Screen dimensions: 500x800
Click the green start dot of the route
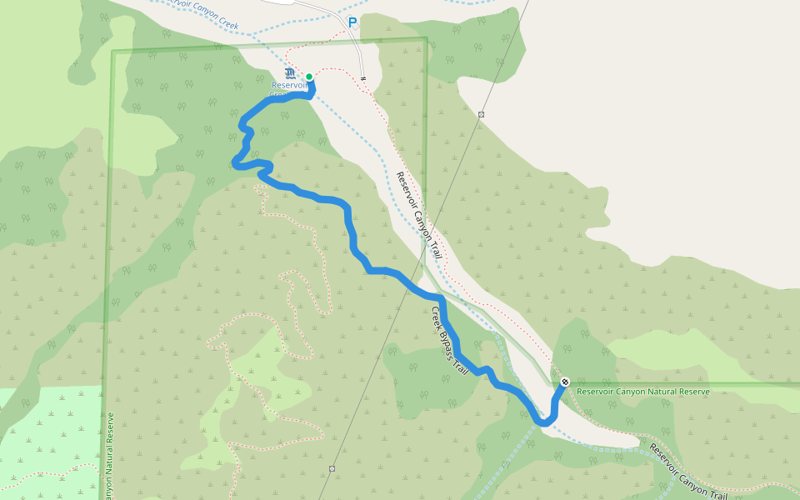309,77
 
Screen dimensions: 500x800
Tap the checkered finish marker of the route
565,382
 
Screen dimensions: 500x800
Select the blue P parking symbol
352,22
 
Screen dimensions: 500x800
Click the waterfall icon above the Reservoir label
289,73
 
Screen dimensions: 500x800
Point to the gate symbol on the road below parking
364,79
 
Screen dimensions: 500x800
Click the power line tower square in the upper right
482,114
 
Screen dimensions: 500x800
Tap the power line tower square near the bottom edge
332,468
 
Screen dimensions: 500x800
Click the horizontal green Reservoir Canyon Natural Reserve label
643,392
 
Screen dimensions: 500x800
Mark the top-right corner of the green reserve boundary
426,38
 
